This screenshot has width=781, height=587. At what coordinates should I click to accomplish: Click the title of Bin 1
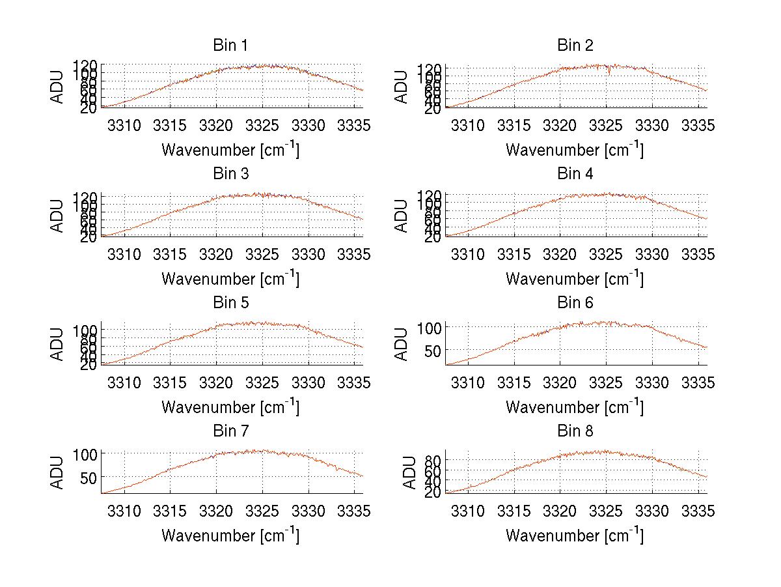230,46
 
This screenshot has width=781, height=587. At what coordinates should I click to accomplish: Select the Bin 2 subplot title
575,46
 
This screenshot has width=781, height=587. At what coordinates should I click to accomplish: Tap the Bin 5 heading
230,303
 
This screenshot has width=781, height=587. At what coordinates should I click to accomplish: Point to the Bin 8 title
575,431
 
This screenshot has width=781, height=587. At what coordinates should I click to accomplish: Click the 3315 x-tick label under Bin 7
171,511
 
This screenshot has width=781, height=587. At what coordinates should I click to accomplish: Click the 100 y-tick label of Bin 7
85,453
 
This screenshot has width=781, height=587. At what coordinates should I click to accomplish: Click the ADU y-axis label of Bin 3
57,216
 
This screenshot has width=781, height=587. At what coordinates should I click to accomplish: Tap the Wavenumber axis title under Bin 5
230,407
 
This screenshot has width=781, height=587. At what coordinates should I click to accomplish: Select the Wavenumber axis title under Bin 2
575,149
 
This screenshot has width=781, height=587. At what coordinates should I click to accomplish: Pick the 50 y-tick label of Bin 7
89,477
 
